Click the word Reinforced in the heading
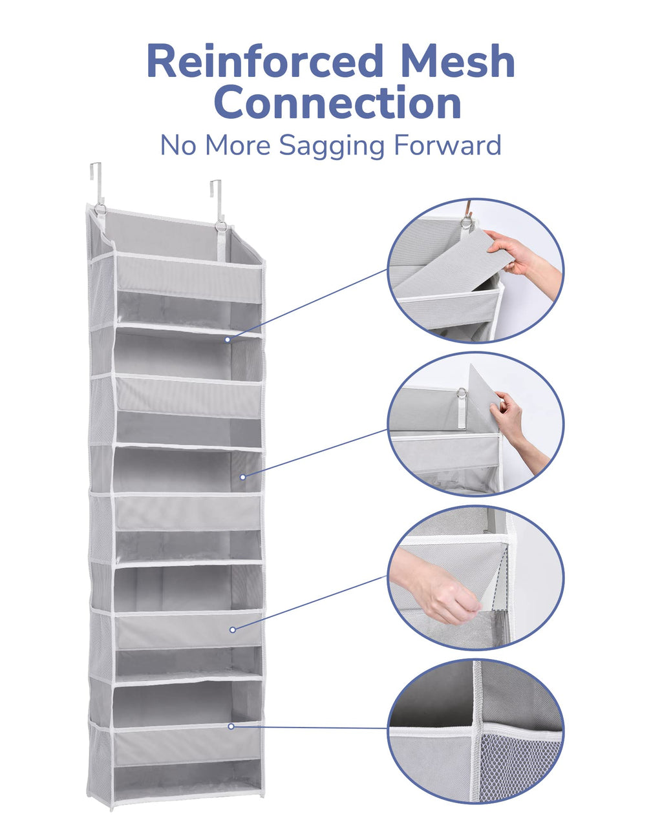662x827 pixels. [x=265, y=61]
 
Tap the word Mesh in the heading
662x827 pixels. [x=457, y=61]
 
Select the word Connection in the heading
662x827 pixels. [x=337, y=102]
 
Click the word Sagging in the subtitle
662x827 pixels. [x=331, y=147]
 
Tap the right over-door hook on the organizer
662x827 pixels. [x=216, y=200]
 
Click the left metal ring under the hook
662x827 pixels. [x=100, y=209]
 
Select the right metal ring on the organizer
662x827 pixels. [x=221, y=227]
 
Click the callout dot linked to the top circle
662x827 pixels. [x=228, y=340]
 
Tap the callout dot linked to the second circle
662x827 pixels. [x=242, y=477]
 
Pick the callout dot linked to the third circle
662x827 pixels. [x=232, y=630]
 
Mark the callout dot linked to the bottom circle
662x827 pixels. [x=231, y=726]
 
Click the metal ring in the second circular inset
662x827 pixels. [x=462, y=393]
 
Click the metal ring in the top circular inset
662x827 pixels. [x=467, y=222]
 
